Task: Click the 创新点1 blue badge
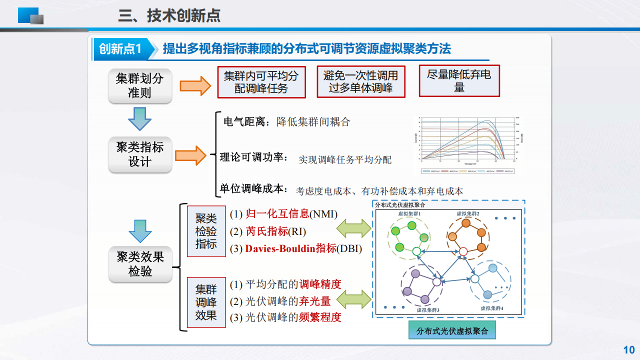(x=120, y=48)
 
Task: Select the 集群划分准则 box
(x=139, y=85)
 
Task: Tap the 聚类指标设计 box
(x=139, y=154)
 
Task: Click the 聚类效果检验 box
(x=140, y=264)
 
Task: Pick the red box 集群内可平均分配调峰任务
(x=261, y=82)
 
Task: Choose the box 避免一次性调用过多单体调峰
(x=360, y=82)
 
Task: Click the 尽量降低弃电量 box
(x=459, y=81)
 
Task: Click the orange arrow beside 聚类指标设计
(x=190, y=155)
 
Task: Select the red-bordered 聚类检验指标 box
(x=206, y=231)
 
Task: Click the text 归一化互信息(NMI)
(x=283, y=214)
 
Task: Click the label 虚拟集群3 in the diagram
(x=427, y=310)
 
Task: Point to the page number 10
(x=628, y=349)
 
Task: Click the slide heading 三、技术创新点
(x=169, y=16)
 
